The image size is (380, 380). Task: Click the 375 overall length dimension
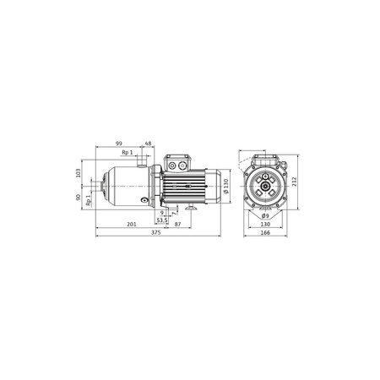click(x=155, y=232)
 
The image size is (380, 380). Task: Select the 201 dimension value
click(x=132, y=225)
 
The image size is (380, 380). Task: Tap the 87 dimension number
click(x=178, y=225)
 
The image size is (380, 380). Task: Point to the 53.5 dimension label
click(x=162, y=220)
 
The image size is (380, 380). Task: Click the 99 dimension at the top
click(x=119, y=144)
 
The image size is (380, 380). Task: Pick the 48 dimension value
click(x=148, y=144)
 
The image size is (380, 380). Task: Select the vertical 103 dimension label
click(x=79, y=173)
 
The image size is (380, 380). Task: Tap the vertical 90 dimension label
click(x=79, y=197)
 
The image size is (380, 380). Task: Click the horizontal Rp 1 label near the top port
click(x=128, y=152)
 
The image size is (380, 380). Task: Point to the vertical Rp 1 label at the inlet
click(x=89, y=200)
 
